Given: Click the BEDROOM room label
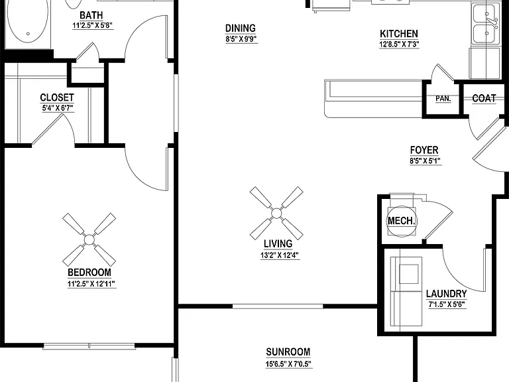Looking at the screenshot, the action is [89, 272].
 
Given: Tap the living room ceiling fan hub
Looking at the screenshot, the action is [276, 214].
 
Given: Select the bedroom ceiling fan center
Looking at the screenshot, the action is [89, 240].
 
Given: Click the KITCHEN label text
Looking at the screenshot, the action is [399, 34].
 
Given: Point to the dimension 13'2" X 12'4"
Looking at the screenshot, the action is [280, 255].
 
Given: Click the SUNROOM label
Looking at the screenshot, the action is [288, 351].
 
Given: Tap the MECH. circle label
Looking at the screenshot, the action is [401, 222].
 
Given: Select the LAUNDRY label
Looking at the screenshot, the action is [446, 294].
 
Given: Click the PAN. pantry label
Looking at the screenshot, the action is [443, 98].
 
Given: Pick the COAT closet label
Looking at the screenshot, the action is [484, 98].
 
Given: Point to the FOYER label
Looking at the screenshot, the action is [424, 150].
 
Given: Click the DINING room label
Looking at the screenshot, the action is [240, 29].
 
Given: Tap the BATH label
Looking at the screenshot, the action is [91, 15].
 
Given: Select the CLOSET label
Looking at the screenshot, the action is [57, 97].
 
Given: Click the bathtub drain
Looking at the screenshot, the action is [28, 34].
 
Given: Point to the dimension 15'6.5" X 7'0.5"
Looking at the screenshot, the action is [288, 364].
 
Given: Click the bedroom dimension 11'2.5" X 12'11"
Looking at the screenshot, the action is [91, 284].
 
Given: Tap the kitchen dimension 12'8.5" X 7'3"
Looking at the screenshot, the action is [399, 44].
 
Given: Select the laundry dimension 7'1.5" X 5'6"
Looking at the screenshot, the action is [447, 304].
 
